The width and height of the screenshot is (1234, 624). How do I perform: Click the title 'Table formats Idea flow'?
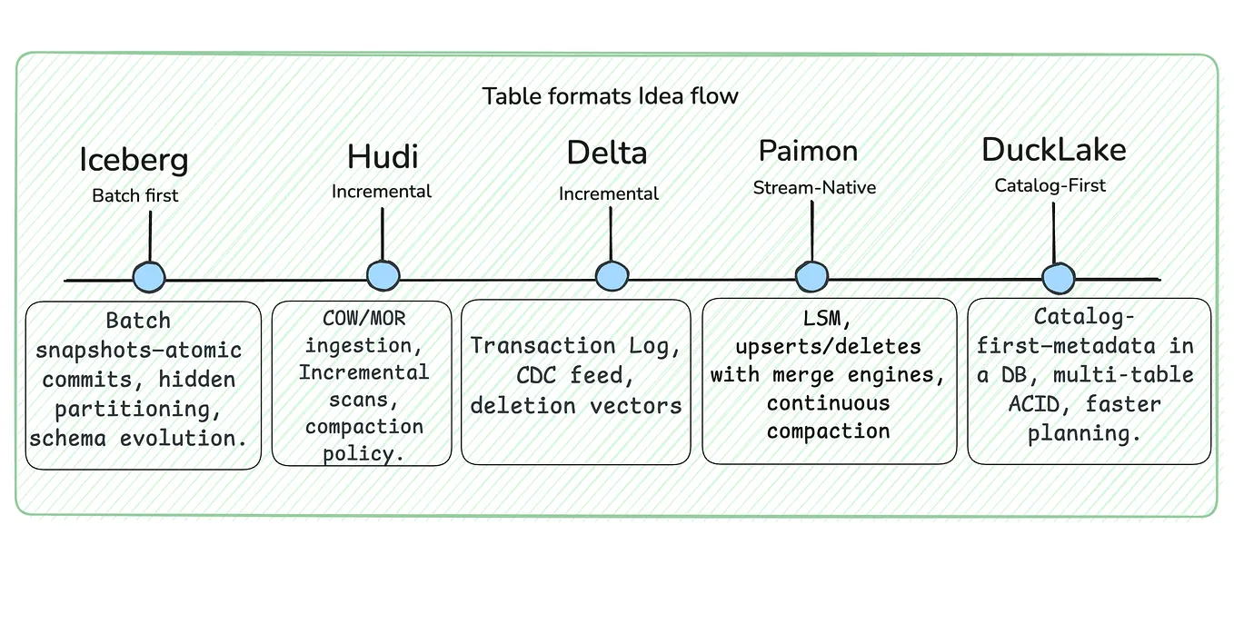(x=610, y=96)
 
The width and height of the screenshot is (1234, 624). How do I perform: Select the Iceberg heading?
(x=134, y=159)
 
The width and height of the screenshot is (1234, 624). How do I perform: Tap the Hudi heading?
(x=383, y=156)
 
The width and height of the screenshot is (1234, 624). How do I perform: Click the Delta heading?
(x=607, y=153)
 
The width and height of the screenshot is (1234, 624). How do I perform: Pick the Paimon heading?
(x=808, y=150)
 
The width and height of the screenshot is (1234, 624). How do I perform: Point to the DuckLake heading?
(x=1053, y=150)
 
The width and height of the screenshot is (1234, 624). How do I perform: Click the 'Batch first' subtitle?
(x=135, y=195)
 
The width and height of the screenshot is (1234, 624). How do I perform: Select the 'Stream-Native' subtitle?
(x=814, y=188)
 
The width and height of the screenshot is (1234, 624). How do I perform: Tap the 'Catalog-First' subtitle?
(x=1050, y=185)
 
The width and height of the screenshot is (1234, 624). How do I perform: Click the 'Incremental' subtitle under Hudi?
(x=382, y=192)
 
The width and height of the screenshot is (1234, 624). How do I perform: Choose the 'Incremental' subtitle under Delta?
(x=609, y=193)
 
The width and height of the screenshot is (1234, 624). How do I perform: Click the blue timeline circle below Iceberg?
(x=149, y=277)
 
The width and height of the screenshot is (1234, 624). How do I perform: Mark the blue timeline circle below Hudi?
(x=383, y=276)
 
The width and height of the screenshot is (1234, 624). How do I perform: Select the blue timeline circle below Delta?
(x=612, y=277)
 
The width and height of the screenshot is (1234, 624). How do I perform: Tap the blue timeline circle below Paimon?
(x=811, y=277)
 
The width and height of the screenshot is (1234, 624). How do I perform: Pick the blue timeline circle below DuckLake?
(x=1058, y=278)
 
